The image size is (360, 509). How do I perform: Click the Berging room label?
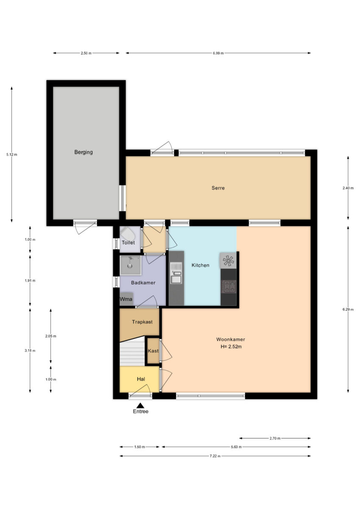pyautogui.click(x=84, y=152)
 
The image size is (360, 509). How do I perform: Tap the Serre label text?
pyautogui.click(x=218, y=188)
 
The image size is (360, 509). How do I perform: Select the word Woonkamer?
pyautogui.click(x=231, y=339)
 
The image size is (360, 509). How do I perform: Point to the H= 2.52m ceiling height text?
pyautogui.click(x=231, y=347)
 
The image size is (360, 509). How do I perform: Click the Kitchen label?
pyautogui.click(x=200, y=265)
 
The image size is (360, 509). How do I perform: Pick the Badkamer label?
pyautogui.click(x=143, y=282)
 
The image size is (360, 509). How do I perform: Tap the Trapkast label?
pyautogui.click(x=142, y=322)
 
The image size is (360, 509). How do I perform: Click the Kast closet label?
pyautogui.click(x=153, y=351)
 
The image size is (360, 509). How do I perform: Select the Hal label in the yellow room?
pyautogui.click(x=141, y=379)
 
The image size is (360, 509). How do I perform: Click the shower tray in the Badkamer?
pyautogui.click(x=130, y=266)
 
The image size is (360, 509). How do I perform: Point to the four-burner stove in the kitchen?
pyautogui.click(x=229, y=287)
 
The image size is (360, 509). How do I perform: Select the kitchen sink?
pyautogui.click(x=176, y=273)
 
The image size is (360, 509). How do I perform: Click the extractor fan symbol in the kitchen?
pyautogui.click(x=228, y=260)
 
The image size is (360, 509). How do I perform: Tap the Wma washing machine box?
pyautogui.click(x=126, y=299)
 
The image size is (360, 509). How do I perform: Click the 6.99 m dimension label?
pyautogui.click(x=218, y=53)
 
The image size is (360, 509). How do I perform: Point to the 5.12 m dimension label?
pyautogui.click(x=11, y=154)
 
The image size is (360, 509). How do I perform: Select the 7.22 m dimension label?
pyautogui.click(x=215, y=456)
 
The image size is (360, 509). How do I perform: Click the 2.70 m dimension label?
pyautogui.click(x=275, y=438)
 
